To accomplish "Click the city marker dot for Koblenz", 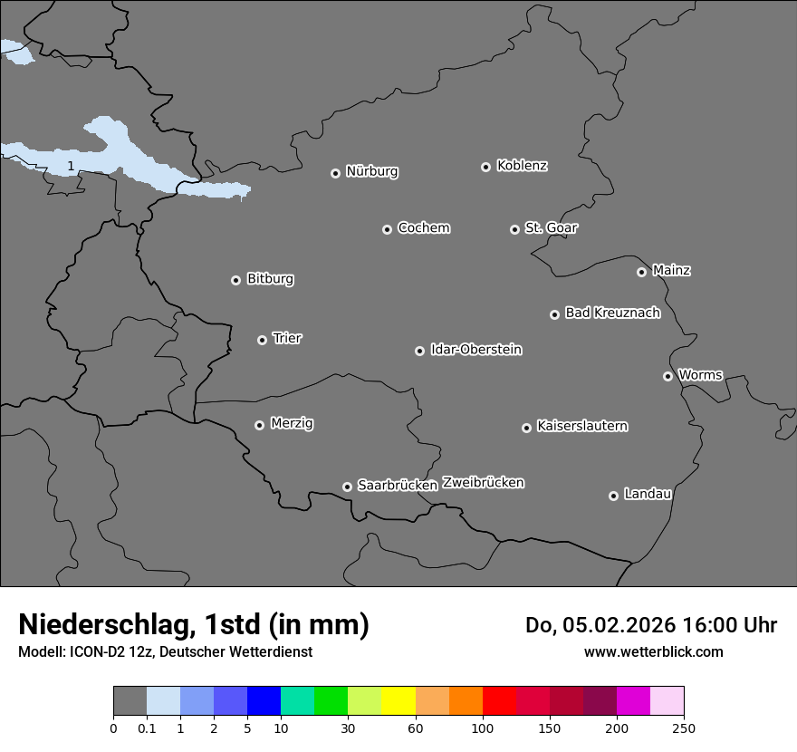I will [x=485, y=167].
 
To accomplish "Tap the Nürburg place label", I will [x=371, y=171].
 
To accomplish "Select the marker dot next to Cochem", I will [x=387, y=229].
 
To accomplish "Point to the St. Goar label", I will [x=551, y=227].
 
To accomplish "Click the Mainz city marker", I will [x=641, y=272].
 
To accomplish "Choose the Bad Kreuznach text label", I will [x=612, y=313].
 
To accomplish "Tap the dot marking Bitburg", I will [x=235, y=280].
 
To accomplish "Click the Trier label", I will [x=287, y=338].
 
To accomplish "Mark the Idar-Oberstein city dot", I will [x=419, y=351].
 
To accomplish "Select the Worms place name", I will [x=700, y=374].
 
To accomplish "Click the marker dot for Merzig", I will [x=259, y=425].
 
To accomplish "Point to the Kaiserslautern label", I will [x=581, y=426].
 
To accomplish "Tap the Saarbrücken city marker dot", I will [x=347, y=487].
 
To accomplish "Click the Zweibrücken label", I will [x=483, y=482].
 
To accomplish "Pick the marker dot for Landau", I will [x=613, y=496].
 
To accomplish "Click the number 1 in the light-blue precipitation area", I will [x=71, y=166].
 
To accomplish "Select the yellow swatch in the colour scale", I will [x=398, y=700].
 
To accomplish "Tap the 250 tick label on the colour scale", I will [x=684, y=728].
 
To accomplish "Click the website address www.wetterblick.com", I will [x=653, y=651].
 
